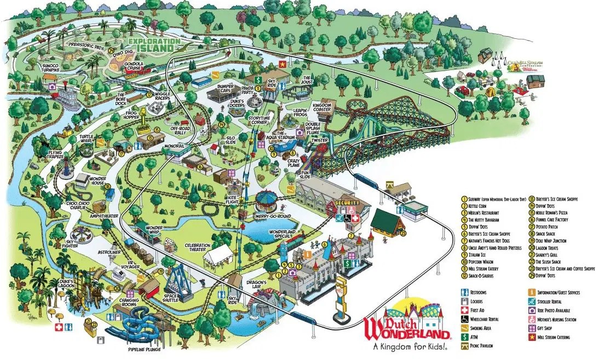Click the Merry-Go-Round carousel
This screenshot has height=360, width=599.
pos(268,198)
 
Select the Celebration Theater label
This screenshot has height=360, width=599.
pos(200,248)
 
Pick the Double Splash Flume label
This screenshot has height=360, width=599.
pos(312,129)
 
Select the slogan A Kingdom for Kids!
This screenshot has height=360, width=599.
pos(408,346)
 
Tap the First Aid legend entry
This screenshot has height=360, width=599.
pos(479,310)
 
